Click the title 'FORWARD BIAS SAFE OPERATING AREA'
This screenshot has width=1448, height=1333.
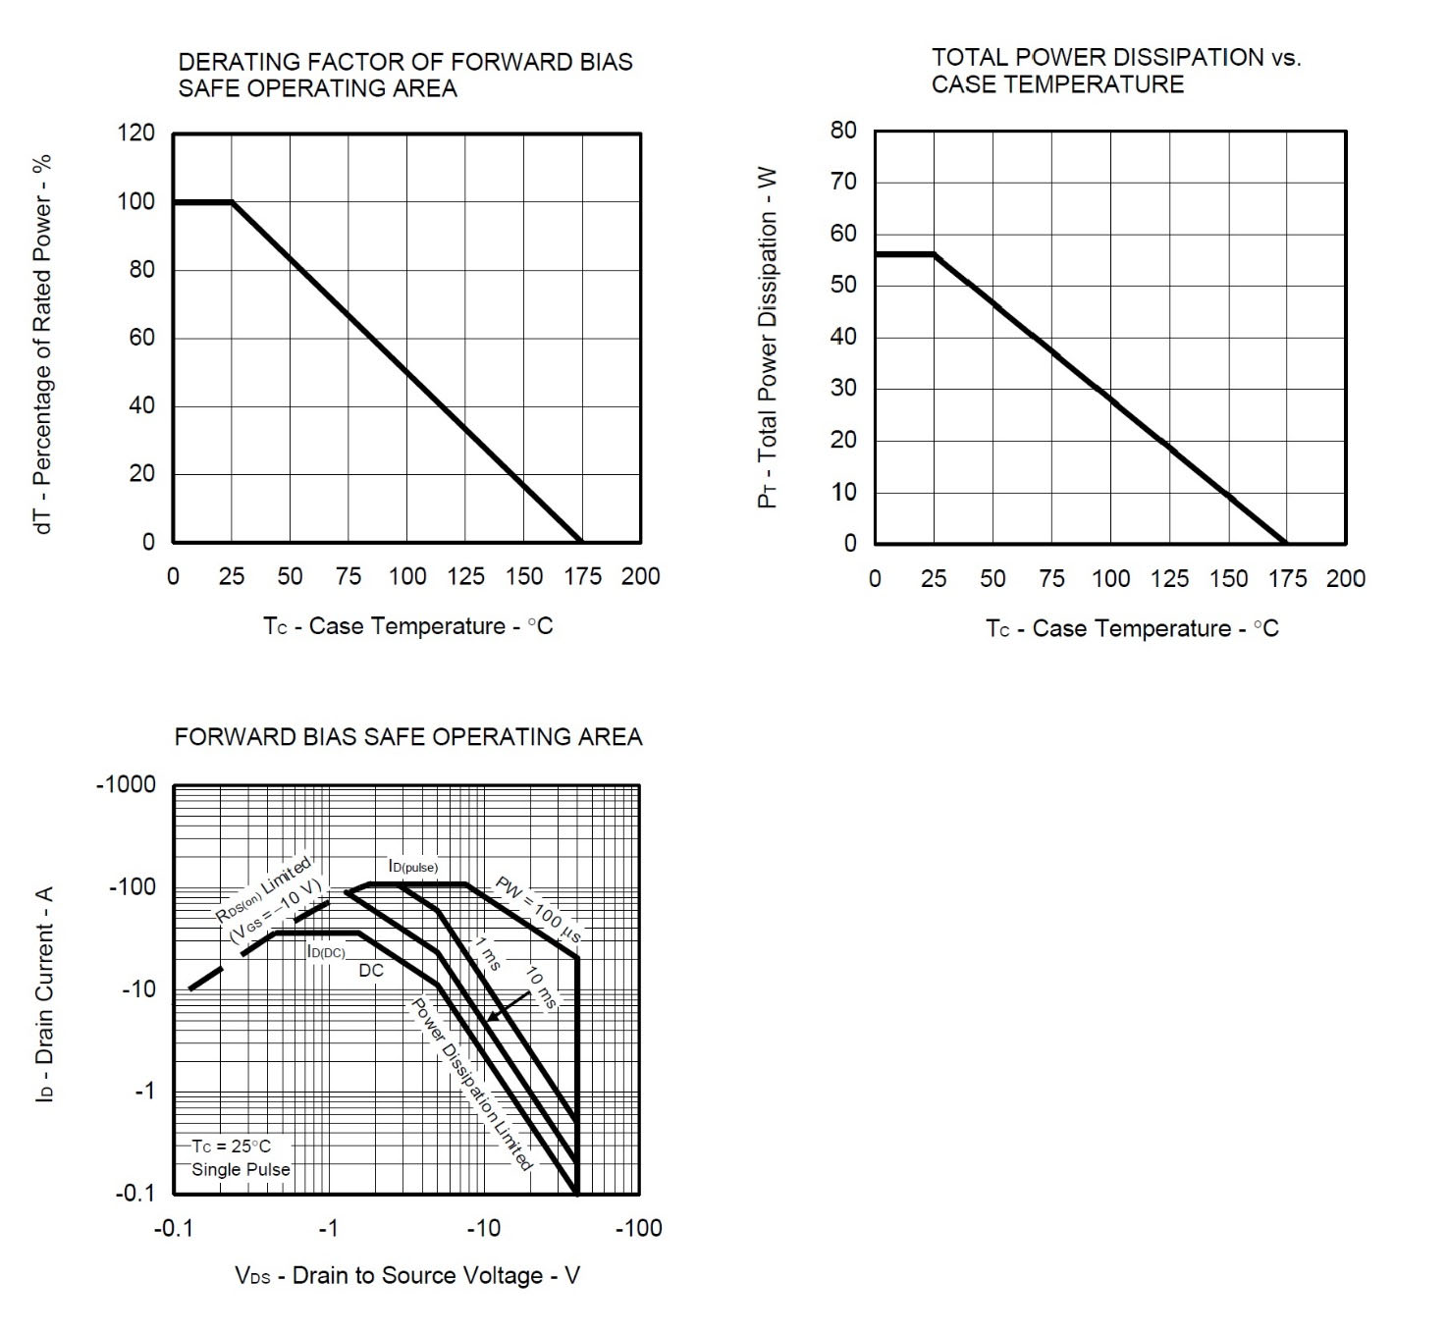click(x=408, y=737)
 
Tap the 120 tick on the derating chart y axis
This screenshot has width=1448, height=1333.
click(x=136, y=133)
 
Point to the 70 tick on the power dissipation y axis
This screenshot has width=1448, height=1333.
click(x=844, y=182)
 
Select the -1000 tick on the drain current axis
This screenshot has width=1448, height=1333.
click(x=126, y=784)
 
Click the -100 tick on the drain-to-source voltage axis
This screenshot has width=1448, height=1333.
click(x=638, y=1228)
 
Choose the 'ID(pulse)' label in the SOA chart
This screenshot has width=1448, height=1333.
click(x=413, y=867)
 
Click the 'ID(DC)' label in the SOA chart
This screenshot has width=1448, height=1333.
click(x=326, y=951)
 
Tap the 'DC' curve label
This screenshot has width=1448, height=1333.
click(x=371, y=971)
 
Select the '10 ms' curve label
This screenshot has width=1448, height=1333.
click(x=541, y=988)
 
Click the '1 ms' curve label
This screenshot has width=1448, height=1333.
click(x=488, y=954)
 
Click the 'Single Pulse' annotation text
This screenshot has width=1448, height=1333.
click(x=241, y=1169)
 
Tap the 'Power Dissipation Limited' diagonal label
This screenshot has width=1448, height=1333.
click(x=471, y=1084)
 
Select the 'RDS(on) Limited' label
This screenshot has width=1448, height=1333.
click(x=263, y=887)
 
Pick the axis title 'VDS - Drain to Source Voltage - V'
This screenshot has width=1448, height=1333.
click(x=407, y=1275)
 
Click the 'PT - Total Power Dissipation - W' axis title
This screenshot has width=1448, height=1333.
click(x=768, y=338)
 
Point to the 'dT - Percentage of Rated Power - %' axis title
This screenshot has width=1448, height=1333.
click(x=43, y=344)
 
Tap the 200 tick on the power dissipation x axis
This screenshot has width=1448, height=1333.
click(x=1345, y=578)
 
